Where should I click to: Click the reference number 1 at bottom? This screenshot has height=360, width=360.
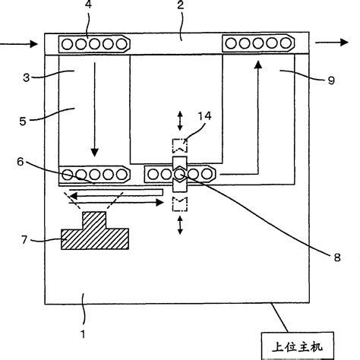pyautogui.click(x=84, y=332)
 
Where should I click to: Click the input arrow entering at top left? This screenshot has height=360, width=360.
pyautogui.click(x=19, y=45)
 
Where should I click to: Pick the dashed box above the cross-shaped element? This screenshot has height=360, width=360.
pyautogui.click(x=179, y=144)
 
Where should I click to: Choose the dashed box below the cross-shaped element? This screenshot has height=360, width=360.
pyautogui.click(x=180, y=203)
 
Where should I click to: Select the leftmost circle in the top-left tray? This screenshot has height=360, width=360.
pyautogui.click(x=68, y=44)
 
